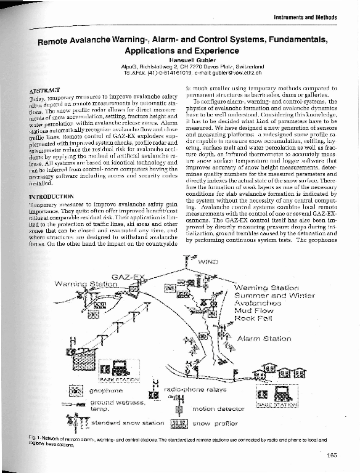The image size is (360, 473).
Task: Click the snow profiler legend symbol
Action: (x=178, y=424)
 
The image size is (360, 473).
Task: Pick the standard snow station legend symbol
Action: (x=77, y=425)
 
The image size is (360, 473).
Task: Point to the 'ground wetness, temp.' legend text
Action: (x=117, y=405)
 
